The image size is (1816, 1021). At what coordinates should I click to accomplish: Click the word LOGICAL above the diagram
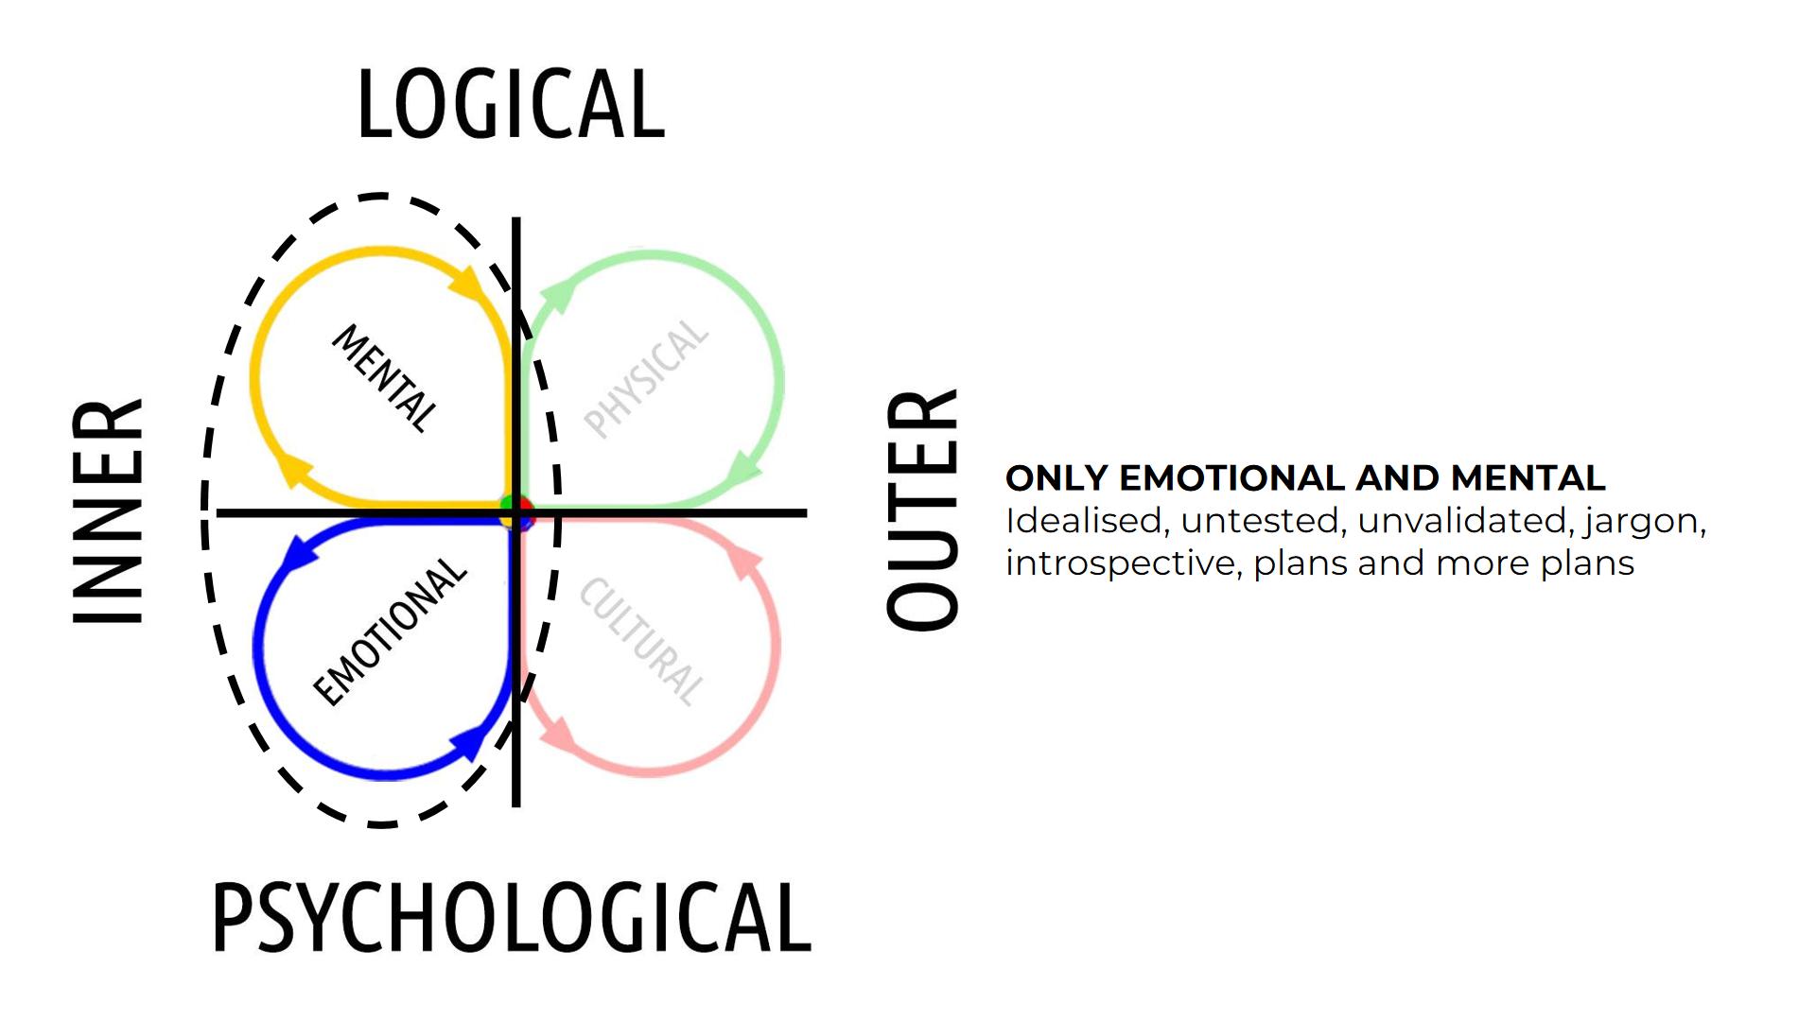tap(511, 105)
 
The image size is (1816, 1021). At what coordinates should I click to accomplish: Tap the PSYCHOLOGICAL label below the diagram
tap(512, 917)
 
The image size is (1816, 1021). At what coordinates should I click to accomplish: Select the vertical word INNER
tap(108, 511)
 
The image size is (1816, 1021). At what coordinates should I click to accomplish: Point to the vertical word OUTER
tap(922, 510)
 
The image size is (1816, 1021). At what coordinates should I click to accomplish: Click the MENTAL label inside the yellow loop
tap(385, 378)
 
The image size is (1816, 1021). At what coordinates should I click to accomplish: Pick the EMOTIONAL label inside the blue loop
tap(390, 632)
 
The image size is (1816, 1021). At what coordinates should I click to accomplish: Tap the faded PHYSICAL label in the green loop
tap(646, 379)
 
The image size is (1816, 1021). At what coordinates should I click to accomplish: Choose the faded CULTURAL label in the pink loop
tap(642, 642)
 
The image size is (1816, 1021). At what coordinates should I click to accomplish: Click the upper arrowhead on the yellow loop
tap(467, 283)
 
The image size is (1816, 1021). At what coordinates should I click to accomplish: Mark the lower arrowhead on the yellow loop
tap(295, 469)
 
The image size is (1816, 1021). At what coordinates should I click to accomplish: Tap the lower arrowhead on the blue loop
tap(468, 742)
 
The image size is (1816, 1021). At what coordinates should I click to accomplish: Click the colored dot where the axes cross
tap(516, 512)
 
